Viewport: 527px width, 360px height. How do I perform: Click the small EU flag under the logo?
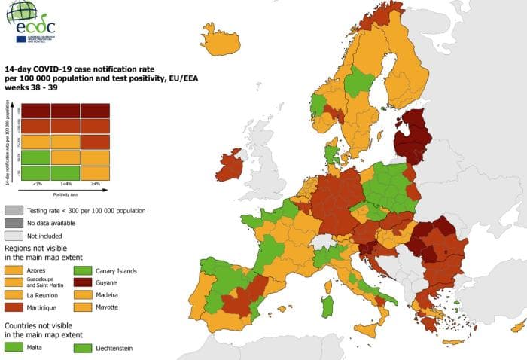tap(20, 38)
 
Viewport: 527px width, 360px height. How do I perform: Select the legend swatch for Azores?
tap(14, 270)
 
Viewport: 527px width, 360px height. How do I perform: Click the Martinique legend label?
tap(44, 308)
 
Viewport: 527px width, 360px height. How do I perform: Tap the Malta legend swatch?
tap(14, 347)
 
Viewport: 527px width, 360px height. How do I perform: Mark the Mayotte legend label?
tap(108, 308)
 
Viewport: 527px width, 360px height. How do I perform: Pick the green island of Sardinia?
tap(327, 307)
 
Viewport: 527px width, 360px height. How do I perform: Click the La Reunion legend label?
tap(44, 295)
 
